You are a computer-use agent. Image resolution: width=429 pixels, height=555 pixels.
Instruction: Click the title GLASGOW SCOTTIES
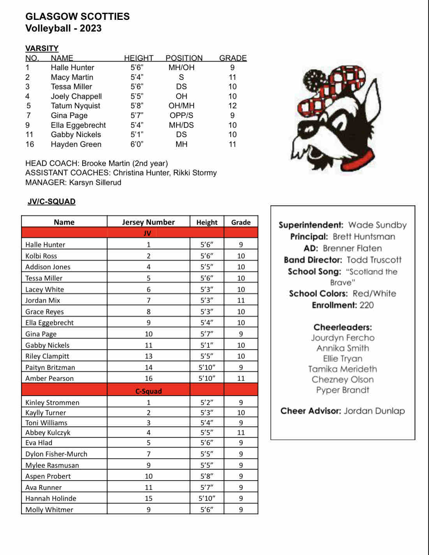(x=78, y=16)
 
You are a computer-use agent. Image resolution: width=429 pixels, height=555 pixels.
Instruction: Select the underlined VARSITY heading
(x=42, y=48)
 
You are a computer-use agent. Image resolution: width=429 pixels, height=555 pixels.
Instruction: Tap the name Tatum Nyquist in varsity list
(x=75, y=106)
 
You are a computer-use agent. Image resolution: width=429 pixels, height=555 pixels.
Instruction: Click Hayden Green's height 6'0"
(x=137, y=144)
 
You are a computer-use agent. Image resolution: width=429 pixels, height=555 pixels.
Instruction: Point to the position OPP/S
(x=181, y=115)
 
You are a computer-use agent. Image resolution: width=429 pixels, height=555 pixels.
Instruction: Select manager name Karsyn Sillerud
(x=95, y=182)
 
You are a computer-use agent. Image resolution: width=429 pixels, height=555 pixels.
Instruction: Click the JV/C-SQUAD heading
(x=51, y=201)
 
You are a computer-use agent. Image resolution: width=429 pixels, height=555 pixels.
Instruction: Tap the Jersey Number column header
(x=148, y=222)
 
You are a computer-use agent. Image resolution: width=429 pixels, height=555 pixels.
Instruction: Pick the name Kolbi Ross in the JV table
(x=41, y=256)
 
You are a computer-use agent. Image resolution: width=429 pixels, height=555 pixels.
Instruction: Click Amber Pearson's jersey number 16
(x=148, y=378)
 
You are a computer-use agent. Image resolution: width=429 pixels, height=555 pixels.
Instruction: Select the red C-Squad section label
(x=148, y=391)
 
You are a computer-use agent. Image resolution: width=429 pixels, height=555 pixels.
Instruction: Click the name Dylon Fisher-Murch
(x=56, y=454)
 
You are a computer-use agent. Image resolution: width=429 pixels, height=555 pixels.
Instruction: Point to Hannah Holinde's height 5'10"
(x=207, y=498)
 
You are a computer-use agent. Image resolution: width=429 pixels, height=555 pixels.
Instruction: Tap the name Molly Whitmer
(x=49, y=509)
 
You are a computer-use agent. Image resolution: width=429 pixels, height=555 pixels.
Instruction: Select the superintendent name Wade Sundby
(x=377, y=225)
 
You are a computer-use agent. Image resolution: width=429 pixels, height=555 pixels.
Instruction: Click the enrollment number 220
(x=366, y=305)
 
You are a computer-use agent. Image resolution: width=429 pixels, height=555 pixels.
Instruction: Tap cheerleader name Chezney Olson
(x=342, y=379)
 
